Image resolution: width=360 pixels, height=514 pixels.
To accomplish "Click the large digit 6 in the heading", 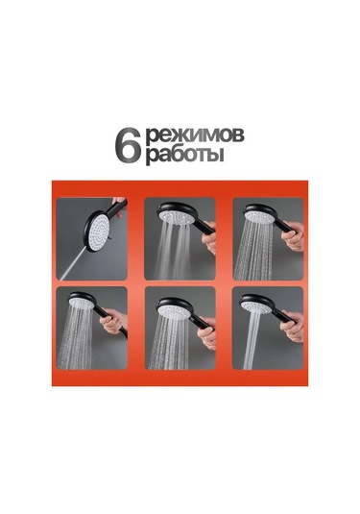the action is pyautogui.click(x=128, y=145).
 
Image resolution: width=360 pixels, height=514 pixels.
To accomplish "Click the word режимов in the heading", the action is pyautogui.click(x=195, y=135).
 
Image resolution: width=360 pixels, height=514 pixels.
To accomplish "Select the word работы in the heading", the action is pyautogui.click(x=184, y=155).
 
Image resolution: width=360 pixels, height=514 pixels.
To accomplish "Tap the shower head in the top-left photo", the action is pyautogui.click(x=97, y=232).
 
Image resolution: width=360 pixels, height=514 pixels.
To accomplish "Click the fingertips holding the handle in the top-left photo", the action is pyautogui.click(x=120, y=206).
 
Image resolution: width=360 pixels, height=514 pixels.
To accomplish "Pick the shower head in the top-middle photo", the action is pyautogui.click(x=176, y=213).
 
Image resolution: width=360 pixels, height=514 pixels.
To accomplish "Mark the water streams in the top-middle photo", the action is pyautogui.click(x=172, y=252).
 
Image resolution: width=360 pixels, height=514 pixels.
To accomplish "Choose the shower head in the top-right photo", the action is pyautogui.click(x=259, y=213).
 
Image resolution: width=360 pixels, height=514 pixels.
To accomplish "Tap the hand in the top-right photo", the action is pyautogui.click(x=293, y=236).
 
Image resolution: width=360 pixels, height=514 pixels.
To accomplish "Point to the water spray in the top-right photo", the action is pyautogui.click(x=253, y=253).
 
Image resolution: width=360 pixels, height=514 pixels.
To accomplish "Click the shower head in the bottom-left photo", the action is pyautogui.click(x=82, y=301).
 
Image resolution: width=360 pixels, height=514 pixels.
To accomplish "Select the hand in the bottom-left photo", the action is pyautogui.click(x=113, y=322).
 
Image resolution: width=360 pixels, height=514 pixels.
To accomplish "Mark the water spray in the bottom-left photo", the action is pyautogui.click(x=74, y=338).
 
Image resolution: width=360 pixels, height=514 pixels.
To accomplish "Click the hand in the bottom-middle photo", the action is pyautogui.click(x=207, y=333).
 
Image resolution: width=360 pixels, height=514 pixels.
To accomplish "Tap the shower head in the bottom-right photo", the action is pyautogui.click(x=256, y=305).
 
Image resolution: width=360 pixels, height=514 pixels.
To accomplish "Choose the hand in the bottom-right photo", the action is pyautogui.click(x=292, y=327).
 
